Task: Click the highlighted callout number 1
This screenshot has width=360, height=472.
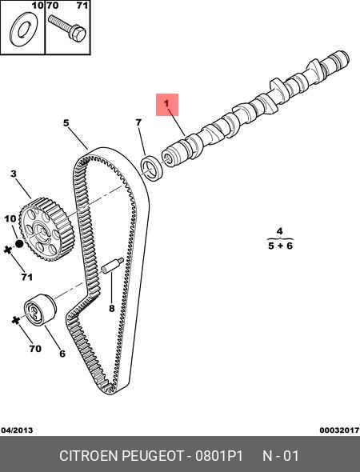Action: pos(166,104)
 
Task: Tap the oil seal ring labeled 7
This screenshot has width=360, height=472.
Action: pos(152,168)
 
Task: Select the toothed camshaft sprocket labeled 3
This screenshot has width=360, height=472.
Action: pos(46,230)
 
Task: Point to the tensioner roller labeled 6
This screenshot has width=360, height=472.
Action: pos(40,310)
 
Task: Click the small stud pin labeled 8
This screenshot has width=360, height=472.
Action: pos(113,266)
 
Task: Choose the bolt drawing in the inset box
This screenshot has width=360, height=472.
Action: pos(67,28)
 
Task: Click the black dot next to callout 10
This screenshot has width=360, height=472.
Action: pos(19,243)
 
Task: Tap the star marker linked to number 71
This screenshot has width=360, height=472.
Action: pos(7,250)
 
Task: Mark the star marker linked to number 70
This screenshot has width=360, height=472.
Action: pos(15,320)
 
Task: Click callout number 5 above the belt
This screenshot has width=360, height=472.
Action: pos(66,123)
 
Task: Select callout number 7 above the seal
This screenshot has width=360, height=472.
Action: pos(138,122)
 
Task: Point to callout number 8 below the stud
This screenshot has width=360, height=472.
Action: pos(112,308)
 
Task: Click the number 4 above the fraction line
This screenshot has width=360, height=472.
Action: pos(280,231)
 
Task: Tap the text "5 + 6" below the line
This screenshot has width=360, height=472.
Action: pos(280,246)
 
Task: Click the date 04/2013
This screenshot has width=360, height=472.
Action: pos(17,430)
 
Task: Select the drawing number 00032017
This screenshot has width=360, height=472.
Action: pos(339,430)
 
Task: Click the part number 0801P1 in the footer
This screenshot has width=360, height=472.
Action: pos(219,456)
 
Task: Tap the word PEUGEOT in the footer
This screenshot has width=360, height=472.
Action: pos(152,456)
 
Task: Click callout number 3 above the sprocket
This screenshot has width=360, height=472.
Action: pos(14,174)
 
